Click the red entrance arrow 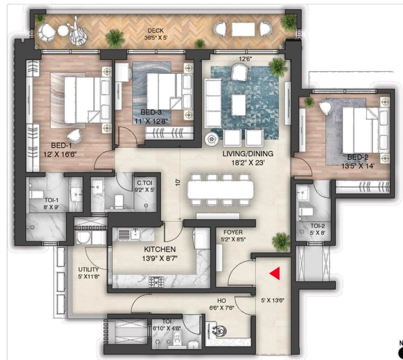click(x=275, y=273)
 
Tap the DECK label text click(x=155, y=31)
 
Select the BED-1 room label click(x=61, y=145)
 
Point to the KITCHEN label click(x=160, y=249)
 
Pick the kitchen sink click(x=135, y=234)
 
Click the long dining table click(x=220, y=189)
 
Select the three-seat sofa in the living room click(x=213, y=103)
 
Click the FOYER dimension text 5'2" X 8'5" click(x=233, y=239)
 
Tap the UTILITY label click(x=89, y=269)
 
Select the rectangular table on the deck click(x=243, y=29)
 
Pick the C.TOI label click(x=144, y=183)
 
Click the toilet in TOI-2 click(x=306, y=212)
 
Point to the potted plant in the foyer click(x=281, y=242)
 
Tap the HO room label click(x=222, y=301)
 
